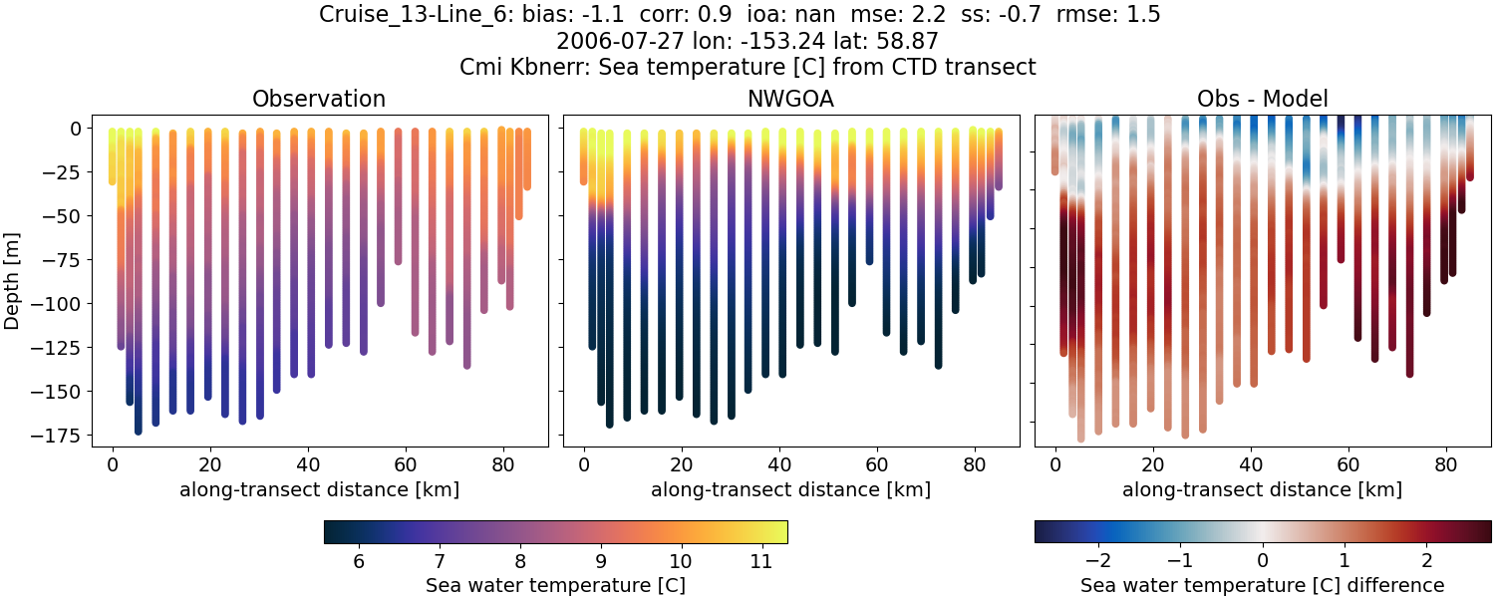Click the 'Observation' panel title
click(x=319, y=99)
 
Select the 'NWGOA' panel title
click(x=790, y=99)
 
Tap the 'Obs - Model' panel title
click(x=1262, y=99)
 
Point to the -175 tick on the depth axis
click(x=61, y=436)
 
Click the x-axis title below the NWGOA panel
click(x=790, y=489)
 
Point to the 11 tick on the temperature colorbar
click(x=760, y=561)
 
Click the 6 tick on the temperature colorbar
click(x=358, y=561)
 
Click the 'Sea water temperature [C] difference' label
click(x=1262, y=585)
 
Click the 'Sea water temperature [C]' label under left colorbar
click(x=555, y=585)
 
